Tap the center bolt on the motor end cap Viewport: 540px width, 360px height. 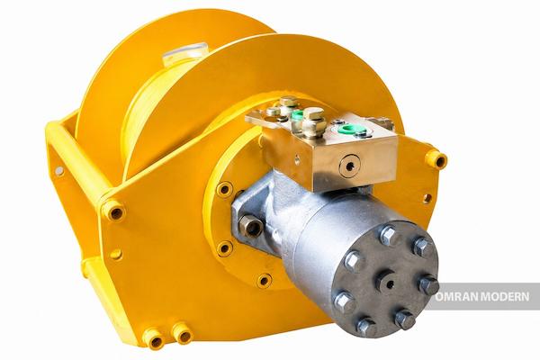[389, 283]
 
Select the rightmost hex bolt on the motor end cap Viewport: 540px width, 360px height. [428, 284]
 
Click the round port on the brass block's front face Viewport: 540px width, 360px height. [350, 166]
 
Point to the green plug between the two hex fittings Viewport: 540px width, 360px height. [297, 115]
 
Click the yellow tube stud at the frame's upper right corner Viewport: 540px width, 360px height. [436, 158]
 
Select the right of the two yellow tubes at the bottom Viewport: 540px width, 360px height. [183, 333]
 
